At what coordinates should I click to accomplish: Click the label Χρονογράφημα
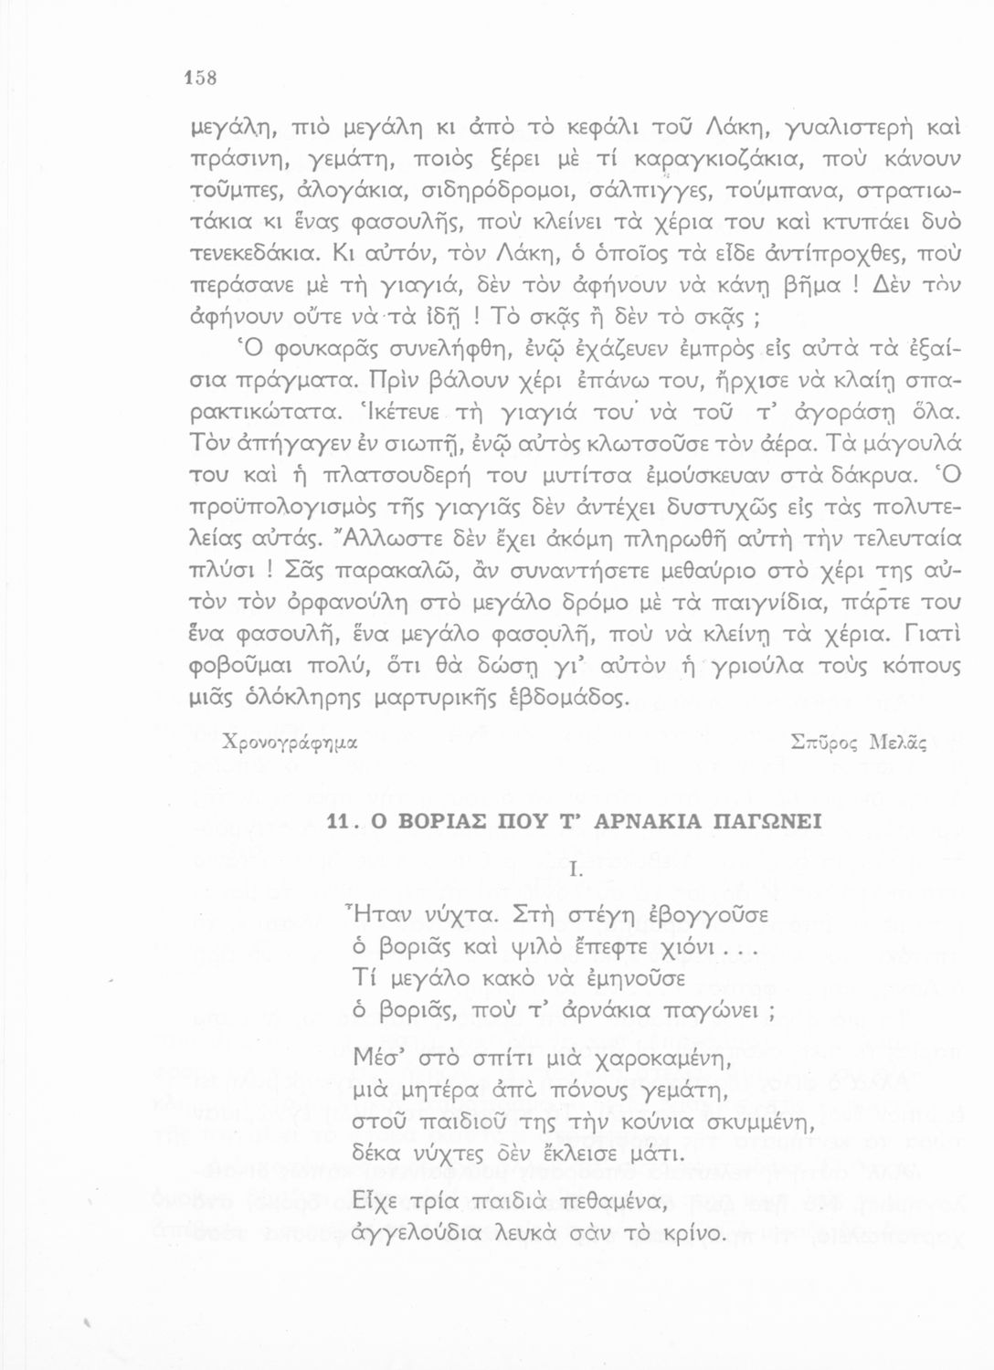coord(282,744)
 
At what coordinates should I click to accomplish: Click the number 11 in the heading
coord(340,821)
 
